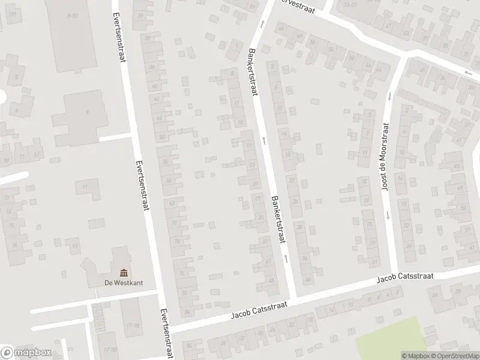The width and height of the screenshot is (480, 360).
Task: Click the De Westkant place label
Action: point(123,283)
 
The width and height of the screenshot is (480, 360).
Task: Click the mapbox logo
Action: point(26,353)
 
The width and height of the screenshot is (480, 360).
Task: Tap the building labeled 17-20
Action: point(109,349)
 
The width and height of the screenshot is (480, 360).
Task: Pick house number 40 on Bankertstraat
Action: point(308,279)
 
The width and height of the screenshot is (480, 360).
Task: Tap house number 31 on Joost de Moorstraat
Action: point(375,262)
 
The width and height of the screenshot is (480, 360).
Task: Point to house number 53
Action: point(462,208)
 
